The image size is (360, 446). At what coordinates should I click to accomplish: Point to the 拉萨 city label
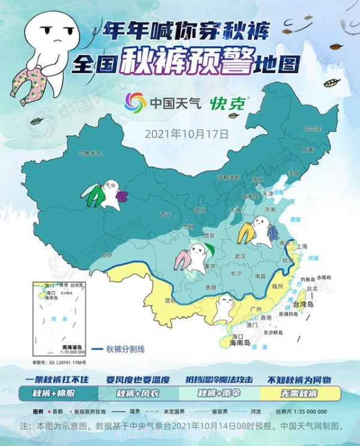(106, 255)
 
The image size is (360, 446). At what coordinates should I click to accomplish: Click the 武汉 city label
(240, 256)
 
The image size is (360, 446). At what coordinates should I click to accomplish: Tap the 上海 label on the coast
(301, 246)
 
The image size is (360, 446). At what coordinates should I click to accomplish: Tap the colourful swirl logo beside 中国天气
(135, 103)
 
